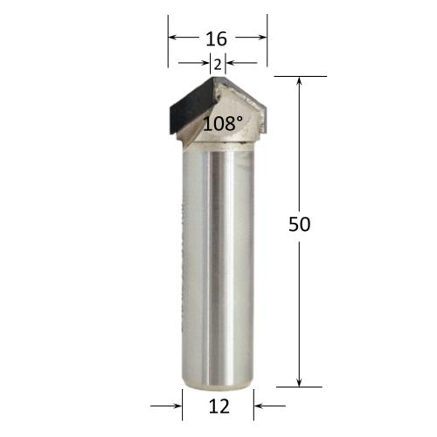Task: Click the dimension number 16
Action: pyautogui.click(x=216, y=39)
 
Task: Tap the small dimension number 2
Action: pyautogui.click(x=218, y=65)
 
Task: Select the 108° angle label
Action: pyautogui.click(x=223, y=123)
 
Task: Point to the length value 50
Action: pyautogui.click(x=300, y=224)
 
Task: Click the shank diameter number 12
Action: pyautogui.click(x=219, y=406)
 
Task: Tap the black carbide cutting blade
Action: pyautogui.click(x=192, y=108)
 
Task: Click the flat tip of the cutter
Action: pyautogui.click(x=218, y=78)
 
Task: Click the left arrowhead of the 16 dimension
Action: pyautogui.click(x=172, y=37)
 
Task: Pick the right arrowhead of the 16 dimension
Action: pyautogui.click(x=263, y=37)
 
